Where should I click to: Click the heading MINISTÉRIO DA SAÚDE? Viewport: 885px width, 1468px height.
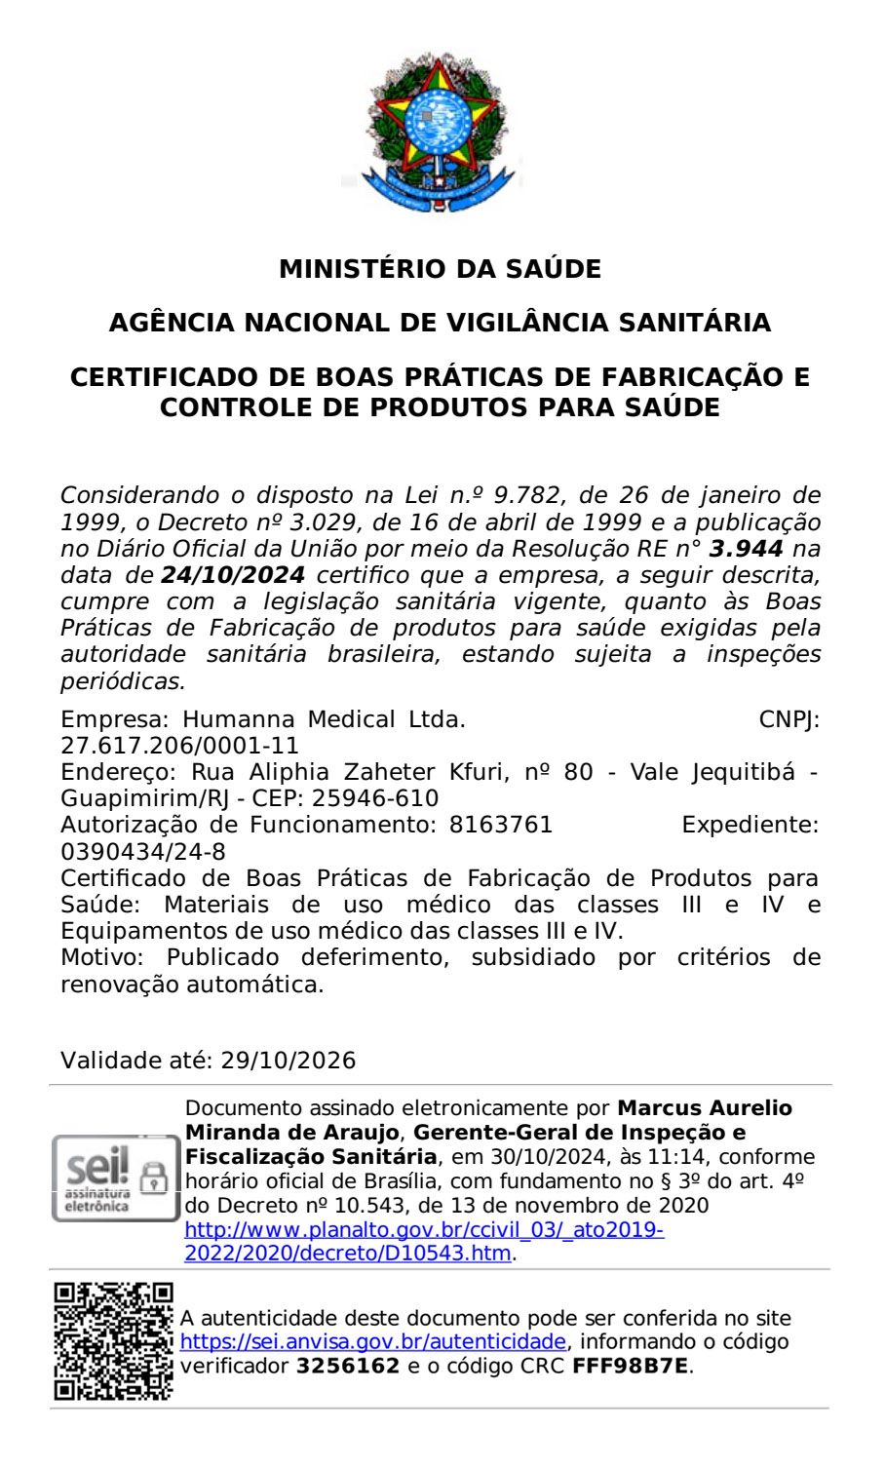441,269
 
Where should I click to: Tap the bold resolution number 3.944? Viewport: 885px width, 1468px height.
746,549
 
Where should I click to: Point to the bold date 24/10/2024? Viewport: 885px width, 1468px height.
233,575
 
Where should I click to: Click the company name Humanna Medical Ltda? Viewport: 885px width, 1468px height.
325,719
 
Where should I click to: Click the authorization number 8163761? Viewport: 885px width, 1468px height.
500,825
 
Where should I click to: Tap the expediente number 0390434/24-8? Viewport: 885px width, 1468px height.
143,852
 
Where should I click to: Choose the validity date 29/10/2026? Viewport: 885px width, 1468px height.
289,1061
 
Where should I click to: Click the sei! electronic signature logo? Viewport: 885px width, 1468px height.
115,1178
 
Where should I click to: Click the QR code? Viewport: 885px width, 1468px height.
113,1341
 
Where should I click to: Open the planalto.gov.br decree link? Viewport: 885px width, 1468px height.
424,1242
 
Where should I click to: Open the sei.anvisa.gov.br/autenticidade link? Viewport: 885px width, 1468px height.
373,1341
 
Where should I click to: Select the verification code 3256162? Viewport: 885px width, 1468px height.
348,1366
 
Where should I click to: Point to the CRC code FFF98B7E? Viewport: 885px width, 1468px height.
630,1366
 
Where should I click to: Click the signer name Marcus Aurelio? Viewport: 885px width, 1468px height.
705,1108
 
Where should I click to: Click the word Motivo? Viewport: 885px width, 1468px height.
101,957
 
